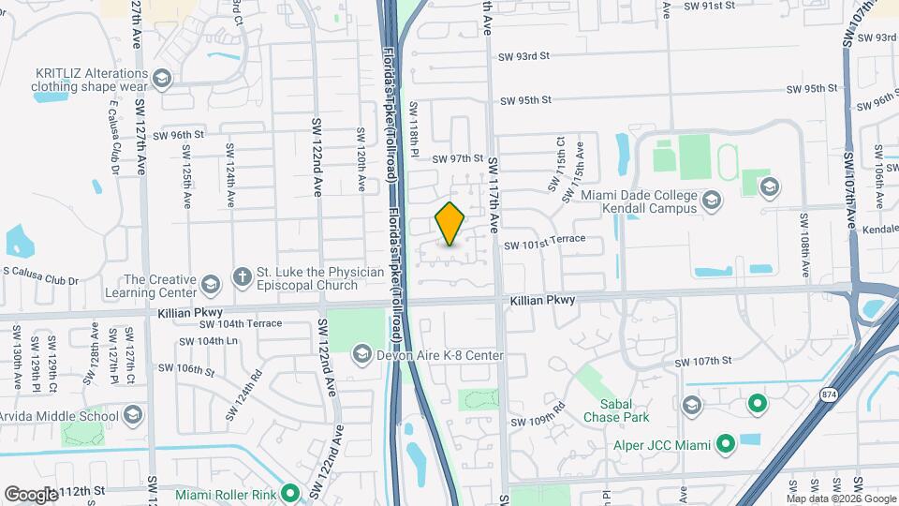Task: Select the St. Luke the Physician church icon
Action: [242, 276]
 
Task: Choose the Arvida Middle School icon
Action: [133, 415]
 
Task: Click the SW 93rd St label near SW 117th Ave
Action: [523, 56]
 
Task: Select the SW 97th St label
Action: [457, 159]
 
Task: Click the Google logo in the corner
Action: [31, 494]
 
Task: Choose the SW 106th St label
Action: [187, 369]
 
